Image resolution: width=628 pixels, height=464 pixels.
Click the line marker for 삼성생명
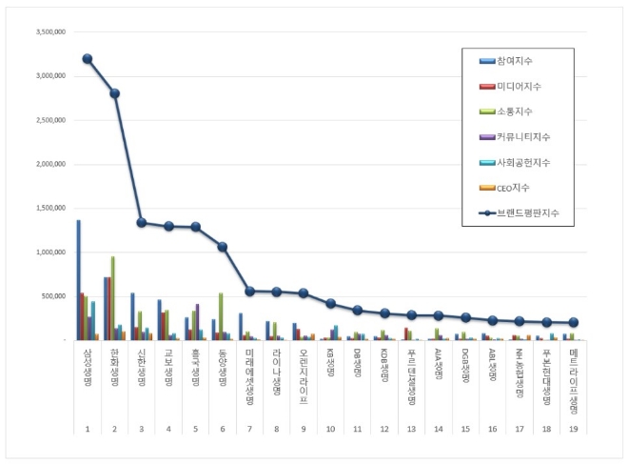point(88,59)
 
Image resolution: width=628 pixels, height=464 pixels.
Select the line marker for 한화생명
point(114,93)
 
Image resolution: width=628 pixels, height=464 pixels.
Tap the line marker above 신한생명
point(141,223)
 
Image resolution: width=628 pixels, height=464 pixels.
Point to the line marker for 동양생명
point(223,247)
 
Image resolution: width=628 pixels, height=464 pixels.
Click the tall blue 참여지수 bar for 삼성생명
point(78,281)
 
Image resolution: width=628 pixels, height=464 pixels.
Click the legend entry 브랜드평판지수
point(528,213)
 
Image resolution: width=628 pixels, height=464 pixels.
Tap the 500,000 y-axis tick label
point(51,296)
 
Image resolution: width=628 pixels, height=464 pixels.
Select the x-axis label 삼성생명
point(87,368)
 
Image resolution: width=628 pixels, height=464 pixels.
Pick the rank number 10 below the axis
point(330,429)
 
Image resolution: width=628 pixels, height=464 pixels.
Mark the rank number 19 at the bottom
point(574,429)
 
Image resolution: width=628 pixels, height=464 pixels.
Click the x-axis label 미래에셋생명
point(249,374)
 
